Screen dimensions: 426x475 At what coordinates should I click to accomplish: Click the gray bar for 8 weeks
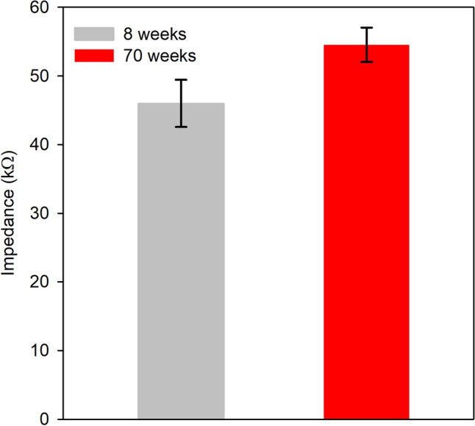coord(181,261)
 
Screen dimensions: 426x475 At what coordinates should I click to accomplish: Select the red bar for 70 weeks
coord(366,232)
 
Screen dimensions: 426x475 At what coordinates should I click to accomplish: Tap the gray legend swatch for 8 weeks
coord(94,33)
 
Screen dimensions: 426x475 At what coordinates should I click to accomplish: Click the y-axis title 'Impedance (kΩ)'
coord(11,213)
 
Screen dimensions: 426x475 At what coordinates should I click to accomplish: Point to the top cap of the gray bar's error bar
coord(181,79)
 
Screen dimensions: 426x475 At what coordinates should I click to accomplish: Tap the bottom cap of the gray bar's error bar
coord(181,127)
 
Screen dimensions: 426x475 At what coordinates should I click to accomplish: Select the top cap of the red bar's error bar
coord(366,27)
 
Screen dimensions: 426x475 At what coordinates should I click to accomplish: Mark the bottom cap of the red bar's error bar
coord(366,62)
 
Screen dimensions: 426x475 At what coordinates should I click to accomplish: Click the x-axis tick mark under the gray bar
coord(181,422)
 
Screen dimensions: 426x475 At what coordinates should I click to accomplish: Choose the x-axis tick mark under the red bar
coord(366,422)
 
